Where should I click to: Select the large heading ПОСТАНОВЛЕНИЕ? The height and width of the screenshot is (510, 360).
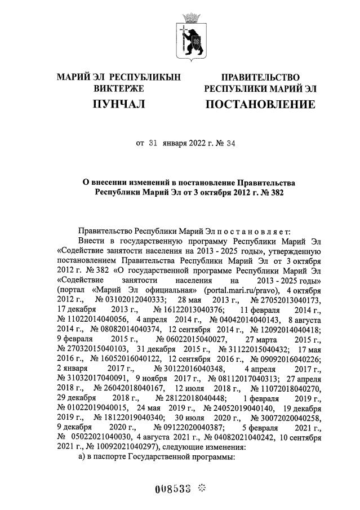(x=260, y=104)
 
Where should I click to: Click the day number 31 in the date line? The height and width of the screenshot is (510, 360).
(x=152, y=143)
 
